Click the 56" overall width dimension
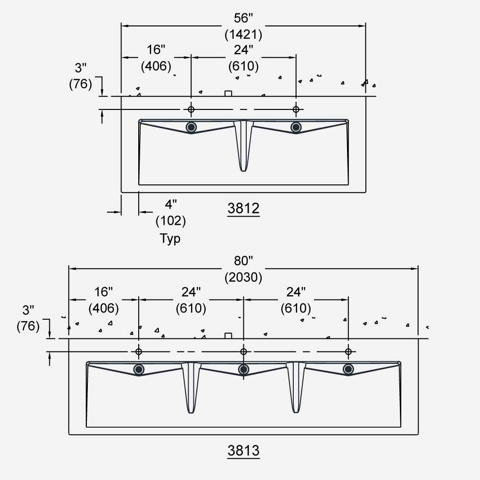(243, 19)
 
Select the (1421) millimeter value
(243, 35)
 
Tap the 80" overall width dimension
(243, 261)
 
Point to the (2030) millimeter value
(243, 277)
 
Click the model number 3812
(243, 208)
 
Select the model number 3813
(243, 451)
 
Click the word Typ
(170, 239)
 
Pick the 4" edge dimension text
(170, 205)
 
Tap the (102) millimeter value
(170, 221)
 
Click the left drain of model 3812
(192, 127)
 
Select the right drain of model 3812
(296, 127)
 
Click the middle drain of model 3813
(243, 369)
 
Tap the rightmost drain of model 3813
(348, 369)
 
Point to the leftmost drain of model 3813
(139, 369)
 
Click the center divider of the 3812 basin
(243, 144)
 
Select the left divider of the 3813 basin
(191, 386)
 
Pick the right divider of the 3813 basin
(296, 386)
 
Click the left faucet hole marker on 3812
(191, 109)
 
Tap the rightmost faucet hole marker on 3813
(348, 352)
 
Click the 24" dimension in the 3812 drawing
(243, 50)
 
